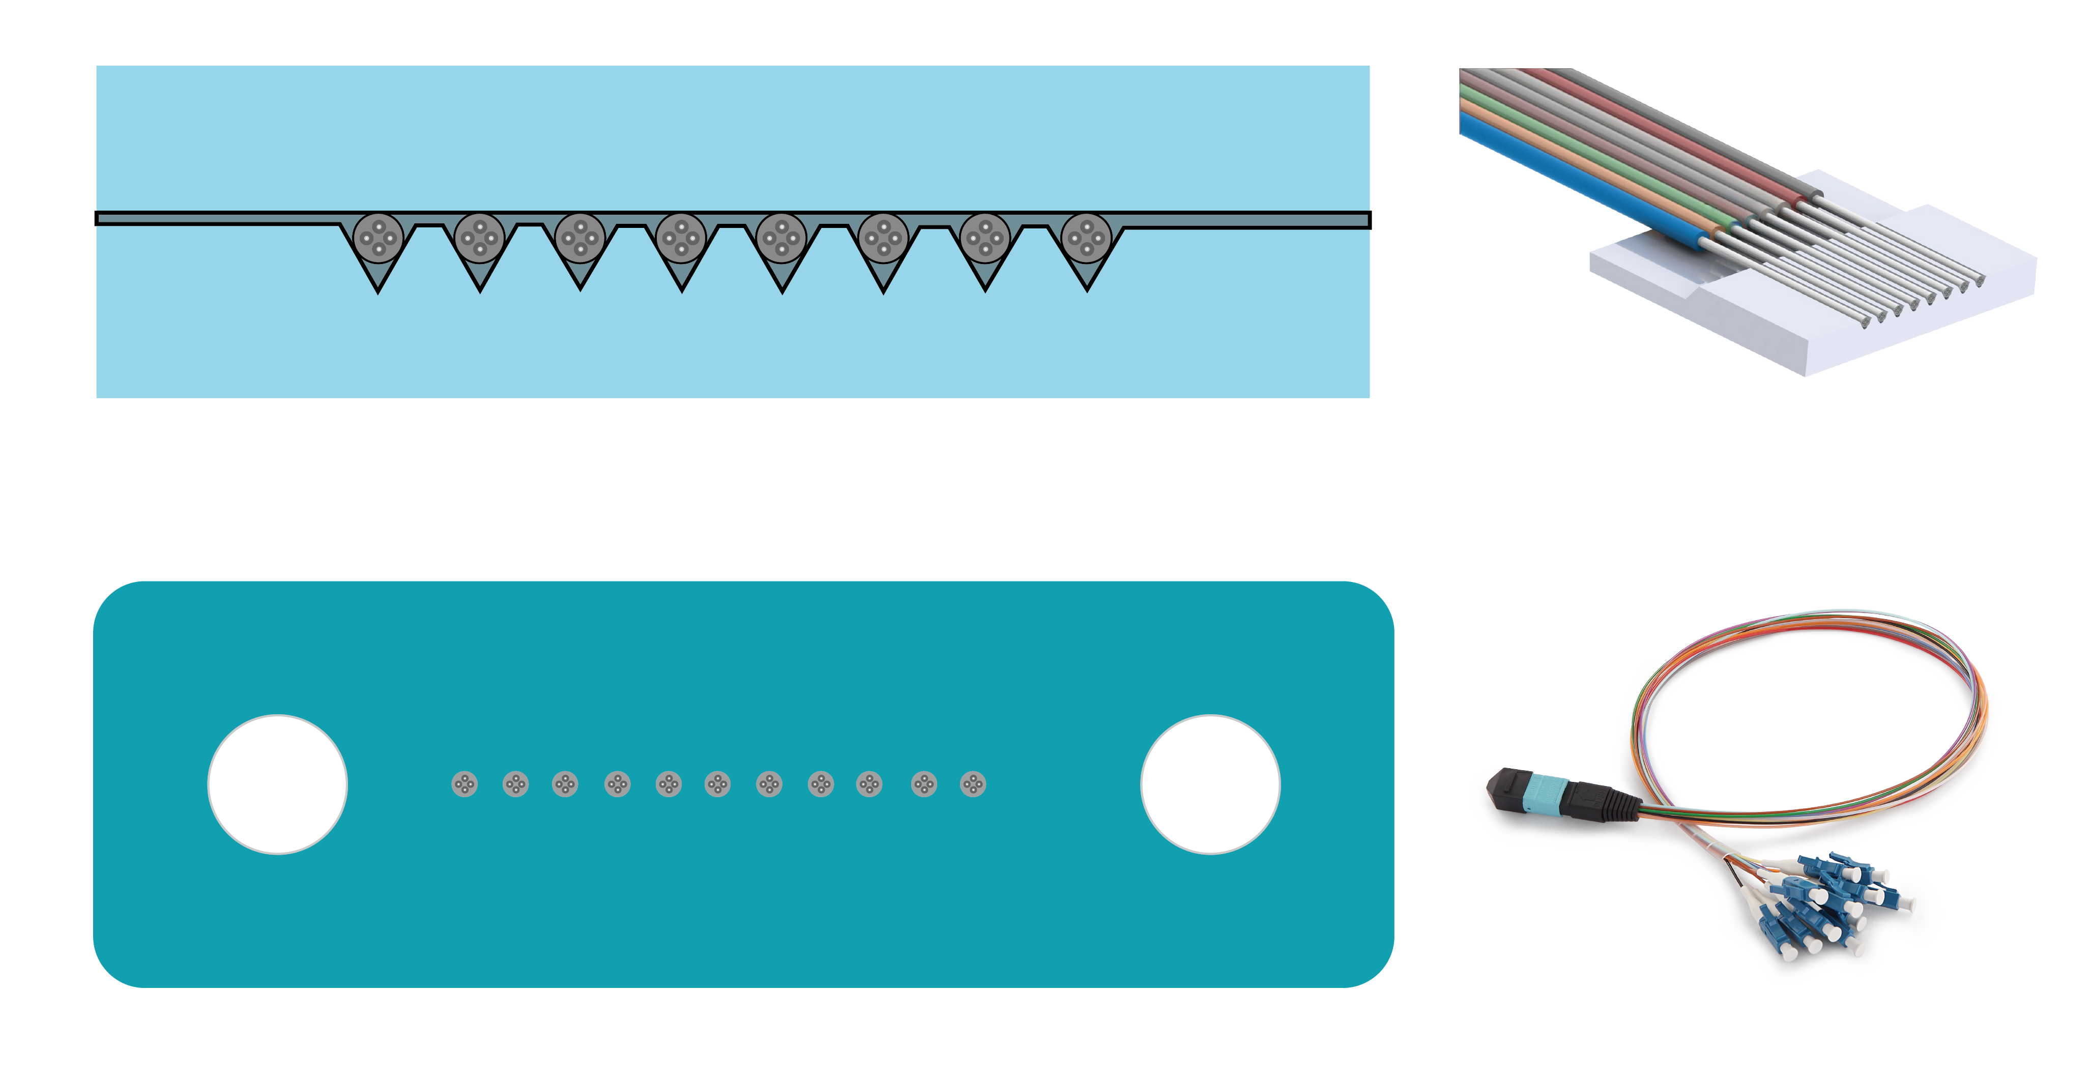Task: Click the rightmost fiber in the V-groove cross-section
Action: pos(1086,237)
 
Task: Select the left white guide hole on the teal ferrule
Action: pos(278,784)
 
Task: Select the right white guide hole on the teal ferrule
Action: pos(1210,784)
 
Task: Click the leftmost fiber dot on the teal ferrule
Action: pos(464,784)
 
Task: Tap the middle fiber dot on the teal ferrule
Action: pos(717,784)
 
